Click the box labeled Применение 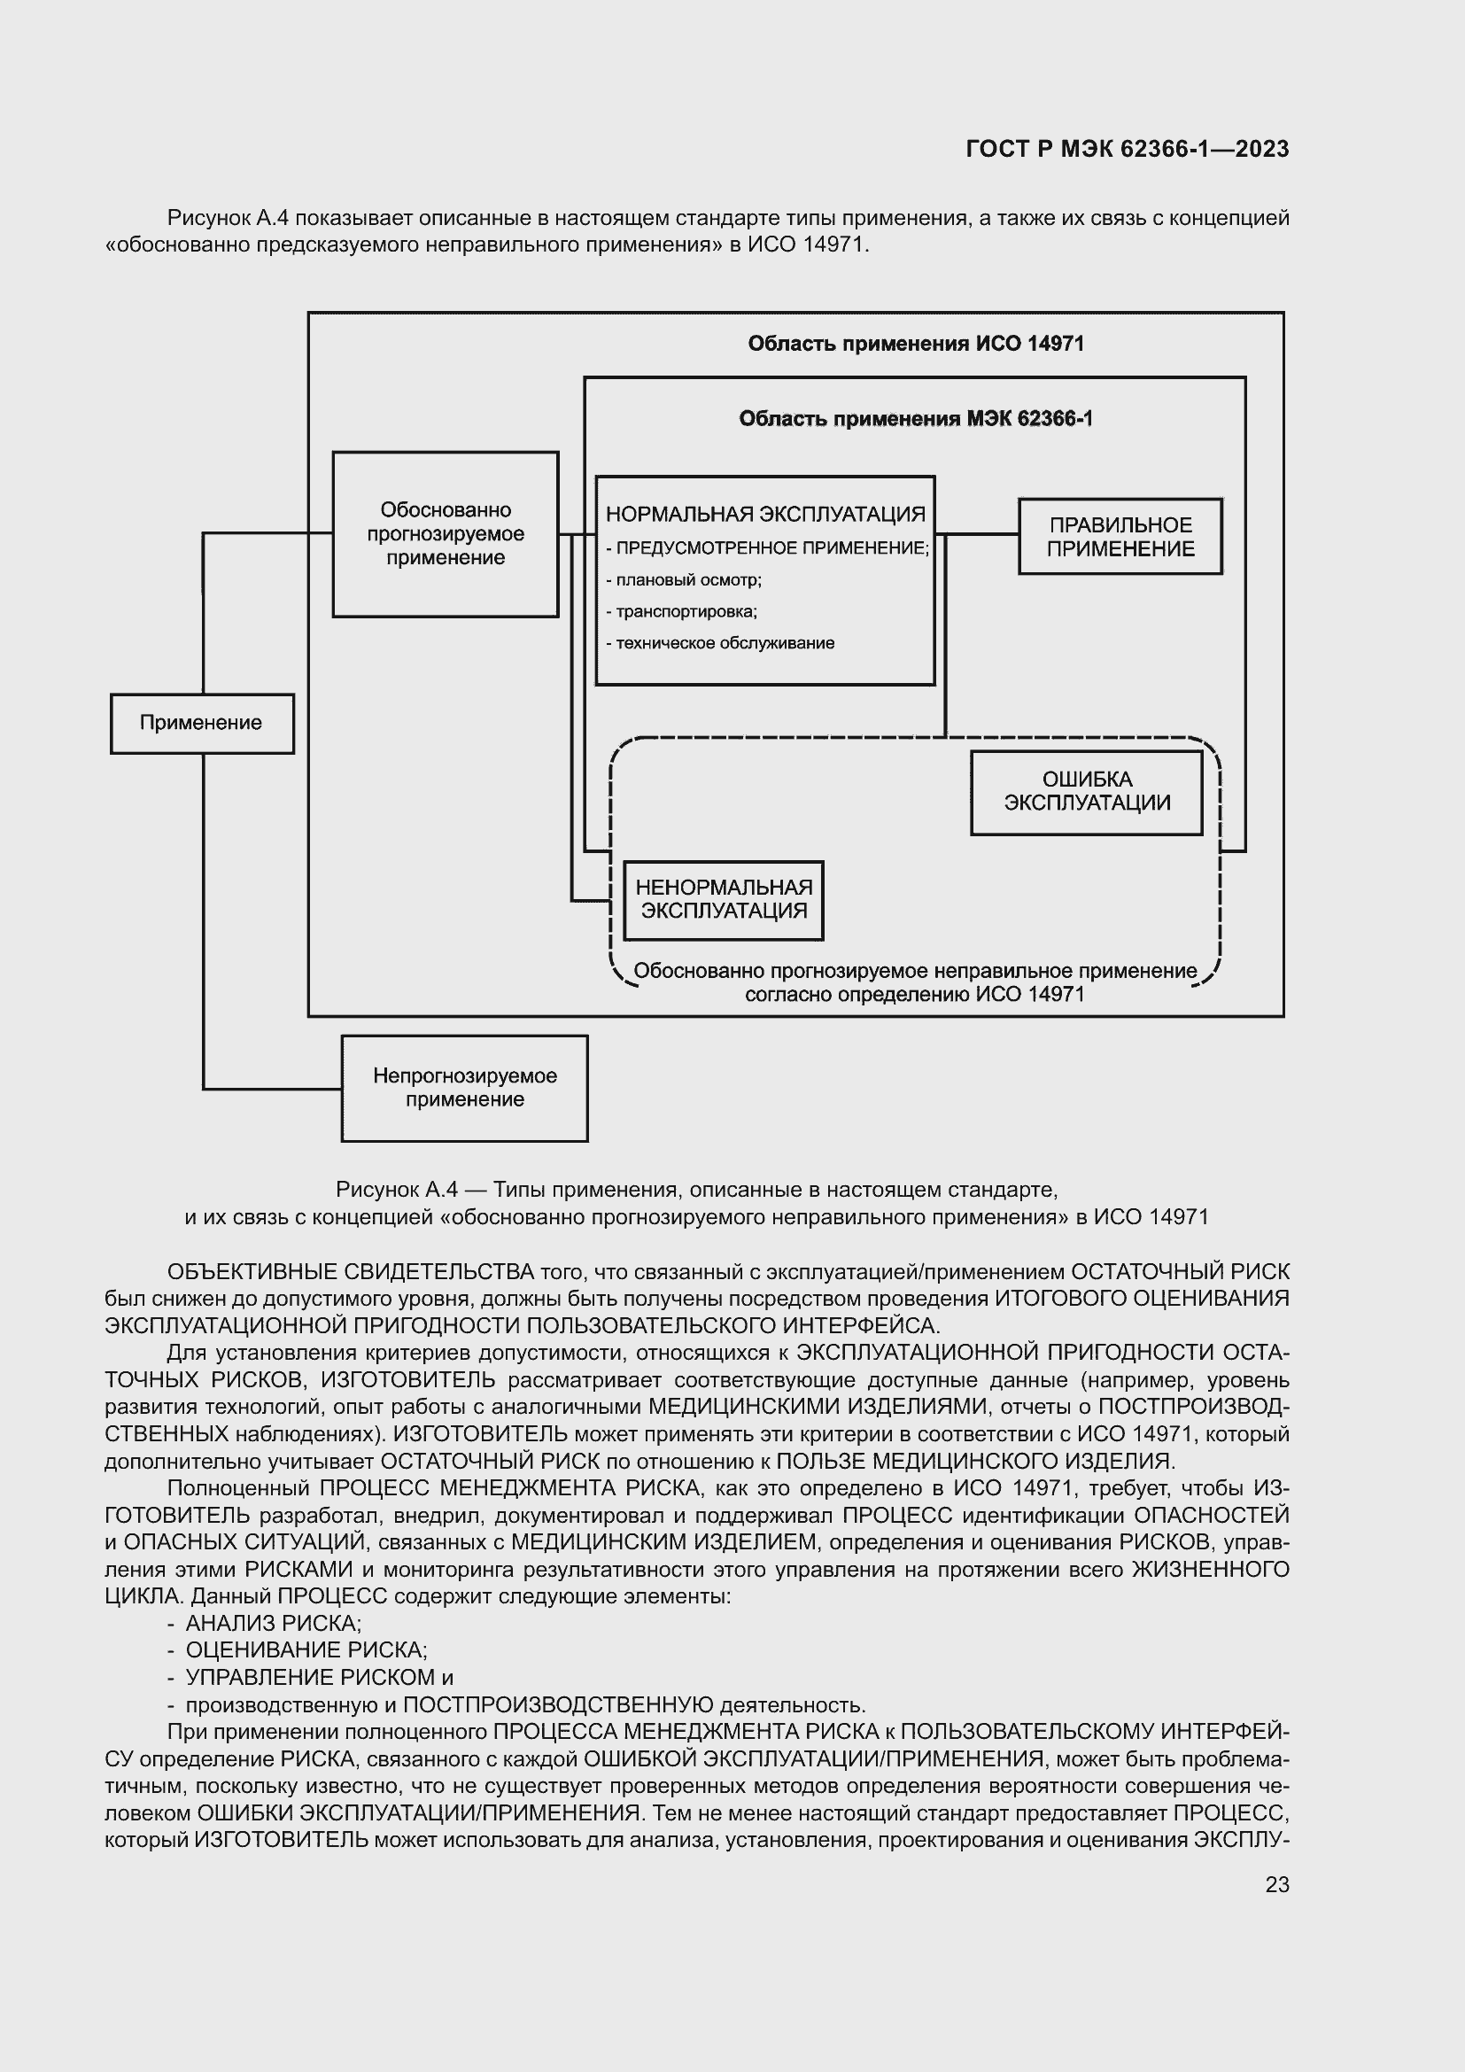click(x=201, y=723)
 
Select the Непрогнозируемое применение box click(x=465, y=1088)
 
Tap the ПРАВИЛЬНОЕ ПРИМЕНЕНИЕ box click(x=1120, y=537)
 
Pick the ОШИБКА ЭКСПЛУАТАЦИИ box click(x=1086, y=791)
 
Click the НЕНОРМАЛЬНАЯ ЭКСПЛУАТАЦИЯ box click(x=724, y=900)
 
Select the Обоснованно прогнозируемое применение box click(x=445, y=534)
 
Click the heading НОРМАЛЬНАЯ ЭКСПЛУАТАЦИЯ click(x=765, y=515)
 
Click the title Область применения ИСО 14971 click(x=916, y=344)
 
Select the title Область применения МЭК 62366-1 click(x=916, y=419)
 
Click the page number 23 click(x=1276, y=1884)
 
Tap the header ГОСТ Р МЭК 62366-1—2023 click(x=1127, y=150)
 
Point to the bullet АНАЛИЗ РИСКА click(x=273, y=1624)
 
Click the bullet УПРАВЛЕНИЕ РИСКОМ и click(x=319, y=1678)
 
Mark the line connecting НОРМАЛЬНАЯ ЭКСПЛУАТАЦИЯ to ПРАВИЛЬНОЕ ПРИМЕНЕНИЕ click(x=981, y=534)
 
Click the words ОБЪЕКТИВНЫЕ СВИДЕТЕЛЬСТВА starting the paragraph click(x=350, y=1272)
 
